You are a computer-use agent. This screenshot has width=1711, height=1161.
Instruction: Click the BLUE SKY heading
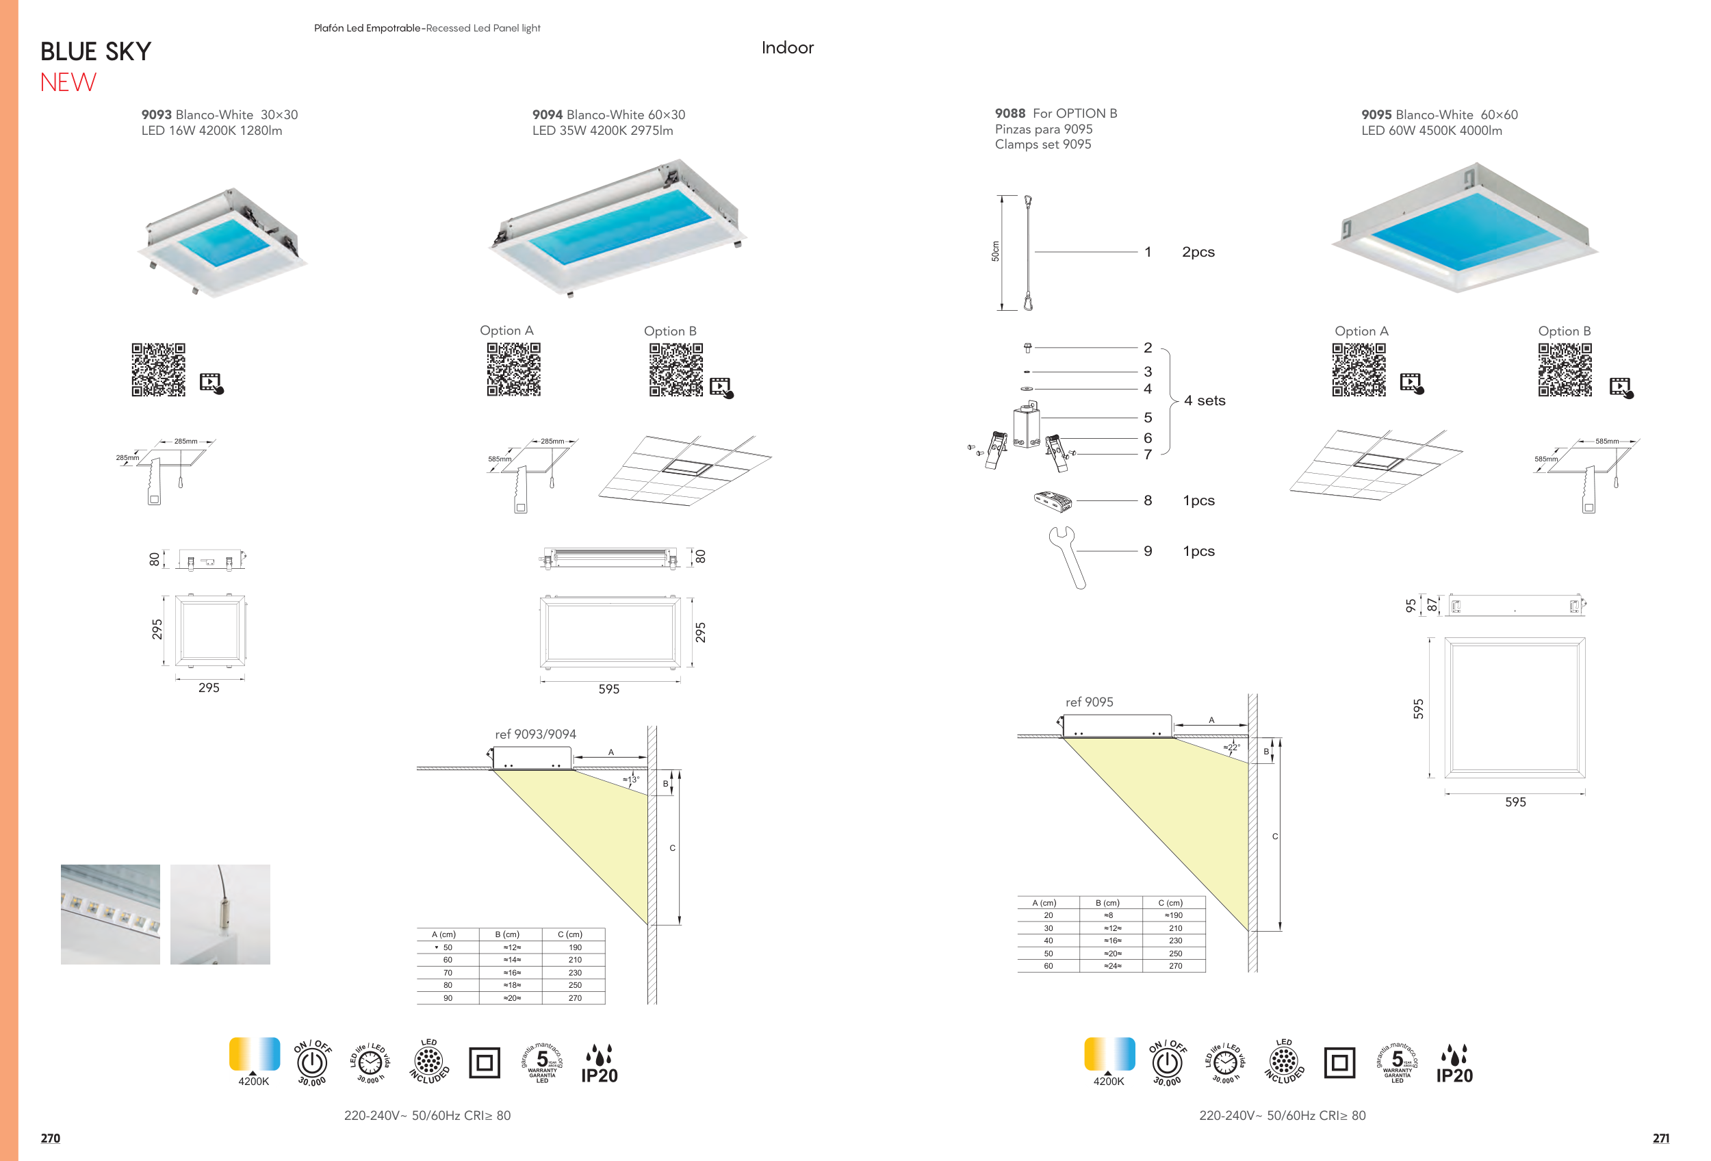[96, 51]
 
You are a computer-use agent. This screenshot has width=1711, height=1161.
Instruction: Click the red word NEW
[68, 82]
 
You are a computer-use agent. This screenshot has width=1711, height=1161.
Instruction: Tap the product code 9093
[156, 115]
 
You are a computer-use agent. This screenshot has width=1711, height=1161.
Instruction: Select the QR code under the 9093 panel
[158, 370]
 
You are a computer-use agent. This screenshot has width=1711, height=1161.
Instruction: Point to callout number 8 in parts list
[1147, 500]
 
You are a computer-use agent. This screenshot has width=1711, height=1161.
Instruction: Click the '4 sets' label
[1205, 400]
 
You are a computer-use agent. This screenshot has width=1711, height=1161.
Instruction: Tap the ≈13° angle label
[631, 779]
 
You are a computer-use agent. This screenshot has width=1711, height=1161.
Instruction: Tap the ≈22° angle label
[1232, 748]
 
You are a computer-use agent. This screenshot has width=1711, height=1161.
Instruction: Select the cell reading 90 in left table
[448, 998]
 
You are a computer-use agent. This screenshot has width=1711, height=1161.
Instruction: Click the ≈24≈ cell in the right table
[1112, 966]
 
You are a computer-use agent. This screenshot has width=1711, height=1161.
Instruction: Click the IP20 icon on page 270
[600, 1064]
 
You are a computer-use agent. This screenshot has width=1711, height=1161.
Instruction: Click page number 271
[1660, 1138]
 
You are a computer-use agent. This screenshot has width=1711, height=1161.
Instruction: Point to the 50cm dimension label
[995, 252]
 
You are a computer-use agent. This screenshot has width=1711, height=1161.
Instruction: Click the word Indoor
[787, 48]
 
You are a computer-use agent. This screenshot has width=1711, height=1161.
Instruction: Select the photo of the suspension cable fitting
[220, 914]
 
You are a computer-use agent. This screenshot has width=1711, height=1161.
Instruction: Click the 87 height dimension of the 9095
[1431, 604]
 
